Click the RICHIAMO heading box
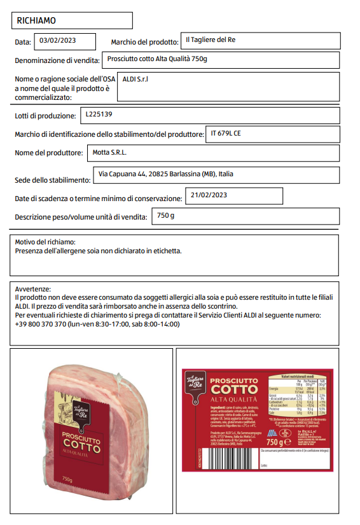click(72, 20)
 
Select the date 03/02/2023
click(58, 41)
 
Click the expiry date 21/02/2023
click(209, 195)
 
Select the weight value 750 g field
click(165, 216)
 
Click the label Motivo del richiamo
click(45, 242)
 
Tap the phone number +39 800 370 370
click(41, 324)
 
